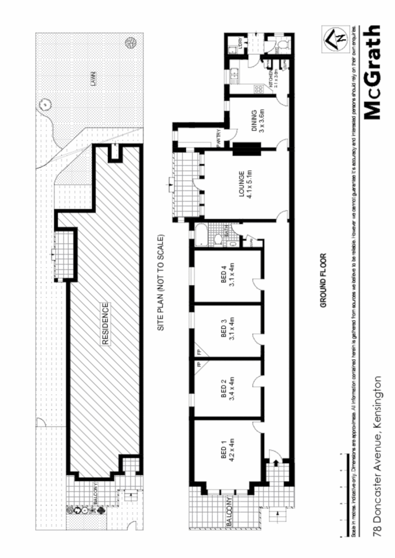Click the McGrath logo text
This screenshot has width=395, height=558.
(373, 73)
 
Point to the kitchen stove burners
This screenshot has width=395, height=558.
(258, 88)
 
